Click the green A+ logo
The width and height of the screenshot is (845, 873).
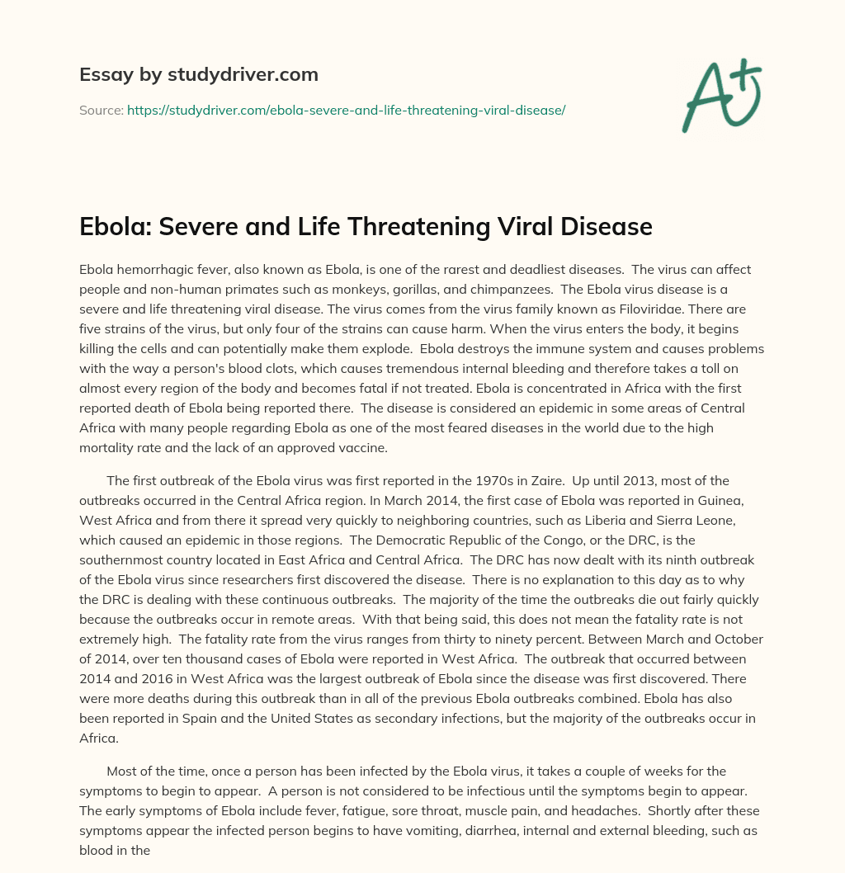(720, 96)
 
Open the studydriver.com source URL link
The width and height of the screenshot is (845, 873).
(346, 110)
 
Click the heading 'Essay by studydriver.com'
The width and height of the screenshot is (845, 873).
(198, 74)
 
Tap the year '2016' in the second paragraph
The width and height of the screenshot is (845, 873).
(157, 679)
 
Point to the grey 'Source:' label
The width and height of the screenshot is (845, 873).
(101, 110)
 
